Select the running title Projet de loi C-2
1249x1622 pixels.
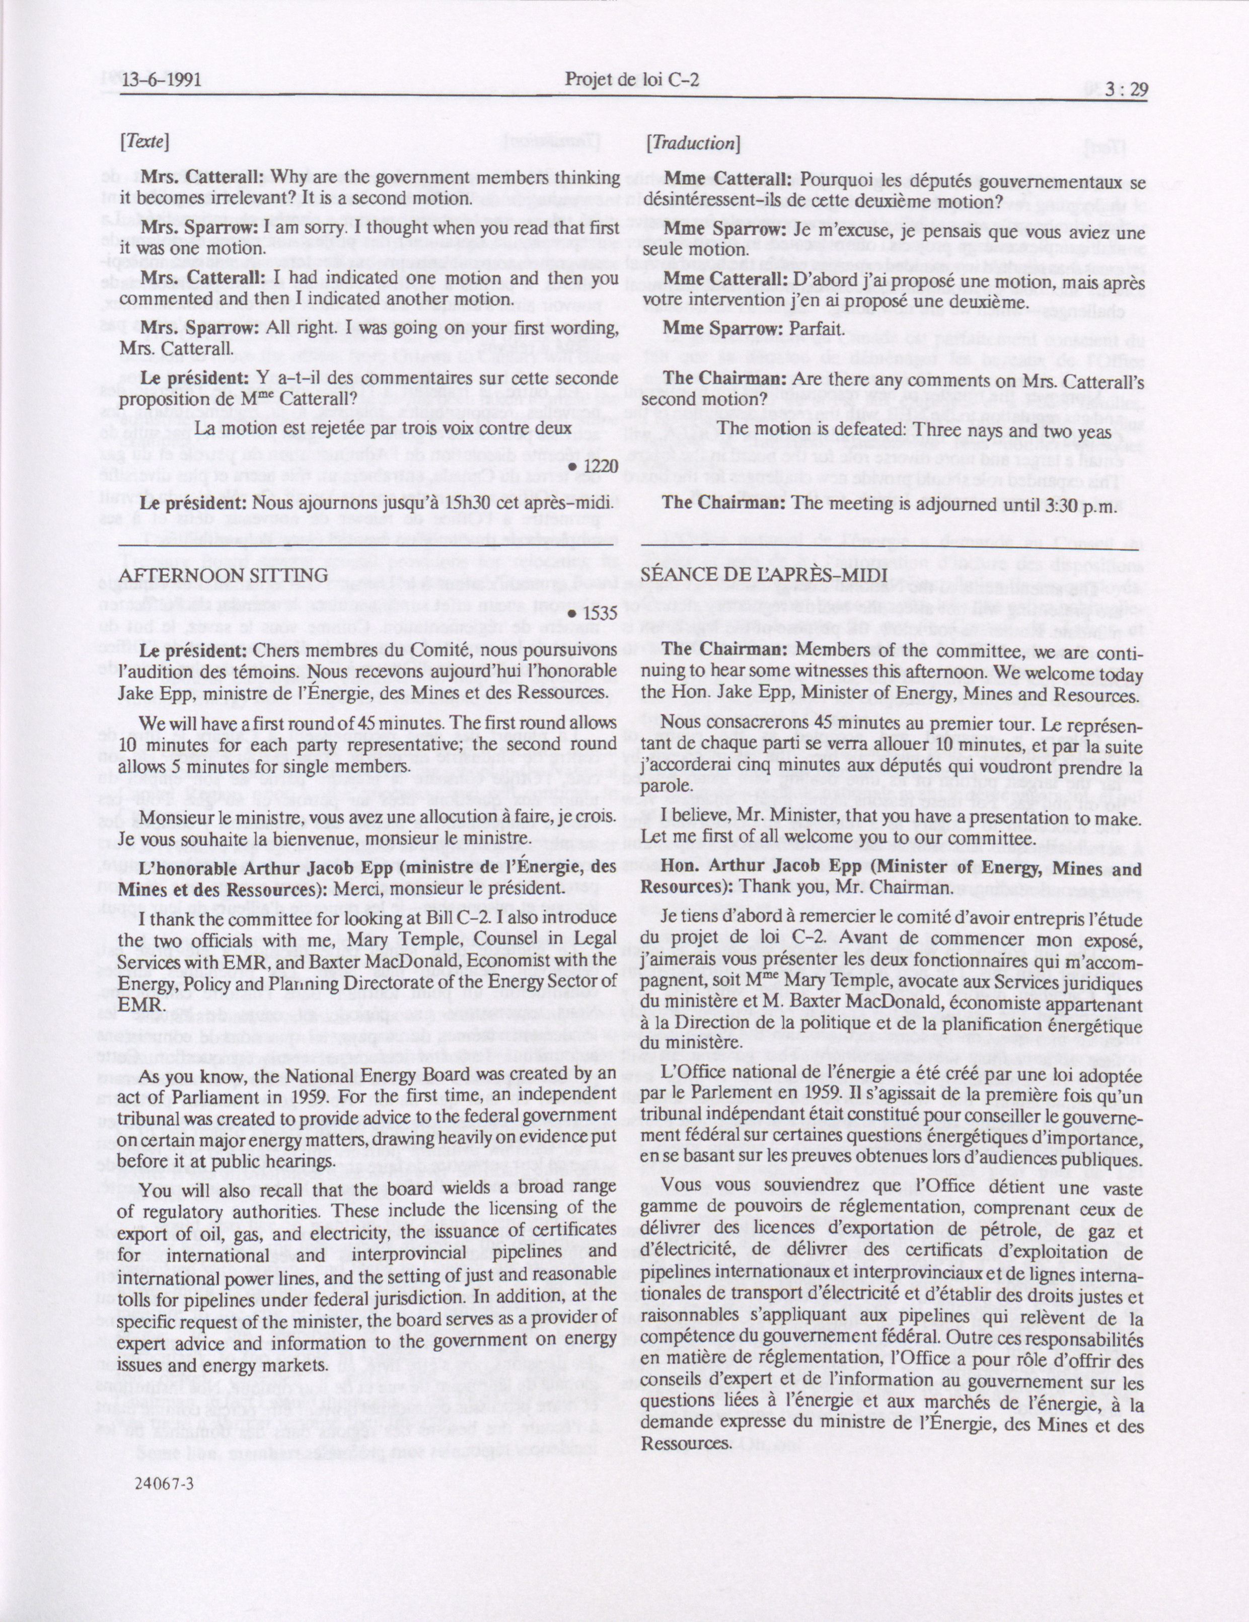(633, 80)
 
